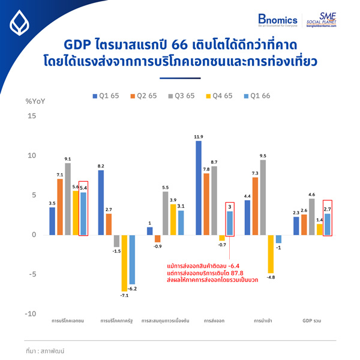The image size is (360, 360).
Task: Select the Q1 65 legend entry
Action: coord(107,96)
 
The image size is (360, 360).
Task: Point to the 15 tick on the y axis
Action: coord(32,116)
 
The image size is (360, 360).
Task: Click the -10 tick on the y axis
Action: coord(30,314)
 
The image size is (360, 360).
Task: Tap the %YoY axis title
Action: coord(35,100)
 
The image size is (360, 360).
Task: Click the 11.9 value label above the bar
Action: coord(198,136)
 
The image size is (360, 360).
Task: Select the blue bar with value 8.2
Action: coord(101,203)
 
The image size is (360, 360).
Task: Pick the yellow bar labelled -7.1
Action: coord(124,263)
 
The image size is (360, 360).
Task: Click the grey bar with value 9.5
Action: coord(263,197)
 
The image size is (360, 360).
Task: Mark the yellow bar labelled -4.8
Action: coord(271,254)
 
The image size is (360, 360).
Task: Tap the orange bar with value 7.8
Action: coord(206,204)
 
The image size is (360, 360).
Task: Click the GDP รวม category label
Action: coord(311,321)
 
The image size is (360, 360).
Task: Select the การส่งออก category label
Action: coord(214,321)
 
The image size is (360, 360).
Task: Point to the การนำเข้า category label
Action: coord(263,321)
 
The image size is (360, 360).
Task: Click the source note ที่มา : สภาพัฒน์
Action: coord(45,349)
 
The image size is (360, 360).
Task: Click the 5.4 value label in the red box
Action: coord(83,187)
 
